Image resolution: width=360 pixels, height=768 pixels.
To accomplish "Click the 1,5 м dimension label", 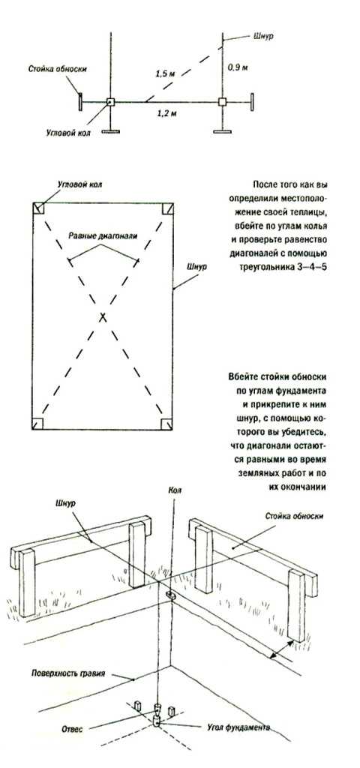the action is [165, 74].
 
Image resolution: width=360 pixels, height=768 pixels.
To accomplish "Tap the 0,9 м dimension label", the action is [238, 67].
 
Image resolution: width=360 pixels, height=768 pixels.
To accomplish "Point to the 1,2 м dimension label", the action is [166, 113].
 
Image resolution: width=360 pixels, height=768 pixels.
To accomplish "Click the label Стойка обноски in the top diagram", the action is [57, 69].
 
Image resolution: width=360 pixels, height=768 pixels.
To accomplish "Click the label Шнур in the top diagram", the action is [264, 36].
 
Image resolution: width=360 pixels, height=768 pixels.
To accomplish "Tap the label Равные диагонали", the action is [103, 235].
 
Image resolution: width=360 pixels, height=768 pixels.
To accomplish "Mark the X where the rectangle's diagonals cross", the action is [103, 317].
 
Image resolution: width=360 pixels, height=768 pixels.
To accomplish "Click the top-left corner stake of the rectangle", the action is [39, 208].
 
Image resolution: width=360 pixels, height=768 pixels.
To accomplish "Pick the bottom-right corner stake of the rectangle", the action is [167, 423].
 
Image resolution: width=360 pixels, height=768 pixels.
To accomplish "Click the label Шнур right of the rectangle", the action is [196, 268].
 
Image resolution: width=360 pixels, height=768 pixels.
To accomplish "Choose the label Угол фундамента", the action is [236, 727].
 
